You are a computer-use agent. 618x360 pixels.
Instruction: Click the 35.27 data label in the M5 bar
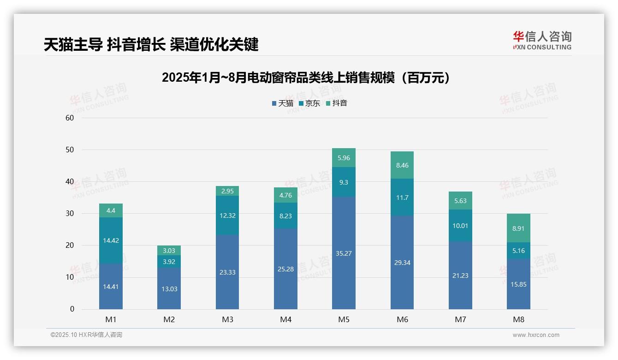pyautogui.click(x=344, y=253)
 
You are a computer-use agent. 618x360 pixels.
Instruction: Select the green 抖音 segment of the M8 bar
pyautogui.click(x=518, y=228)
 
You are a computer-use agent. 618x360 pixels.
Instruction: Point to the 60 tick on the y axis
pyautogui.click(x=70, y=118)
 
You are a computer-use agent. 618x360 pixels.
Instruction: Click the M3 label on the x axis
pyautogui.click(x=227, y=319)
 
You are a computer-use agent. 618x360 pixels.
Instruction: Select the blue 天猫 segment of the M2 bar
pyautogui.click(x=169, y=288)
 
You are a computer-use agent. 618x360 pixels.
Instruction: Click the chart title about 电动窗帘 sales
pyautogui.click(x=306, y=78)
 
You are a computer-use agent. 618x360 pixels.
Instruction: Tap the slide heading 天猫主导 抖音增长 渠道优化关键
pyautogui.click(x=151, y=44)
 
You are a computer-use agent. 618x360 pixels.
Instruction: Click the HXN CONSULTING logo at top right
pyautogui.click(x=542, y=40)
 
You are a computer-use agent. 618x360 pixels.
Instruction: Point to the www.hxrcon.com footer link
pyautogui.click(x=536, y=335)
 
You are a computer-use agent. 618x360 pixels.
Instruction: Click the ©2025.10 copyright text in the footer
pyautogui.click(x=86, y=335)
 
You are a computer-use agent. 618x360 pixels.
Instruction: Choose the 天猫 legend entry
pyautogui.click(x=282, y=103)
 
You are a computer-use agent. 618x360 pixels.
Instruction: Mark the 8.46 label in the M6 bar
pyautogui.click(x=402, y=165)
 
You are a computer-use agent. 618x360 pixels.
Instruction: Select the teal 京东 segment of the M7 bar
pyautogui.click(x=460, y=225)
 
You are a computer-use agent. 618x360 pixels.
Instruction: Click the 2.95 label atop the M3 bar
pyautogui.click(x=227, y=191)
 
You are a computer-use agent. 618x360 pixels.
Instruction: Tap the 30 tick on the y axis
pyautogui.click(x=70, y=213)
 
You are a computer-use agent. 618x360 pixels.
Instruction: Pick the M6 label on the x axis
pyautogui.click(x=402, y=319)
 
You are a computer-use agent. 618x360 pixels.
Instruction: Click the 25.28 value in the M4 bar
pyautogui.click(x=285, y=269)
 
